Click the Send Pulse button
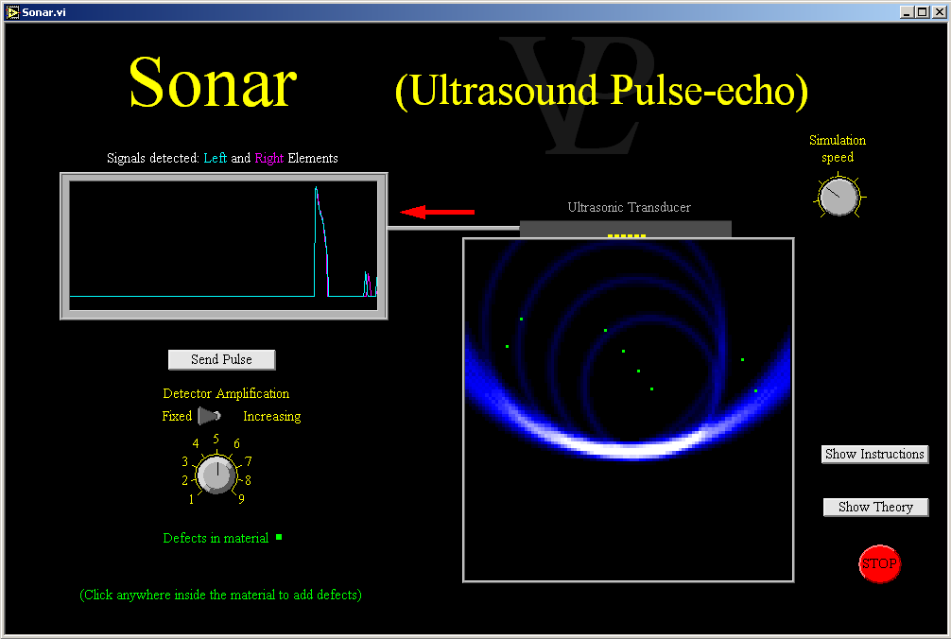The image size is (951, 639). point(221,359)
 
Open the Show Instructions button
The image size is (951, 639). point(874,454)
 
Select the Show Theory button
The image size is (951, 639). point(875,507)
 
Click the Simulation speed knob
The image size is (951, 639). point(839,197)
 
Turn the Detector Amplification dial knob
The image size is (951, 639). point(216,474)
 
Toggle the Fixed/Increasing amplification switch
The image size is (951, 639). point(209,416)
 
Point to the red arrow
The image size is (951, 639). point(438,212)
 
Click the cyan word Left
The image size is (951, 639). point(216,158)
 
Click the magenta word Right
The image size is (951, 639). point(268,158)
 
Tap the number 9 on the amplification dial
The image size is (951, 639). point(241,499)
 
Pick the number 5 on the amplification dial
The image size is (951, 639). point(216,439)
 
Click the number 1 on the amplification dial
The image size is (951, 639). point(191,499)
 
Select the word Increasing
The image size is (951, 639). point(271,417)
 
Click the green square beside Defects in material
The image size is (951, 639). point(279,537)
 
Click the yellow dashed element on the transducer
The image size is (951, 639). point(627,235)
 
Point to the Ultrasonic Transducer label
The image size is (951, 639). point(629,207)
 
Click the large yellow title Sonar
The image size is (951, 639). point(213,82)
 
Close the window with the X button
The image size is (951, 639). point(939,12)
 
